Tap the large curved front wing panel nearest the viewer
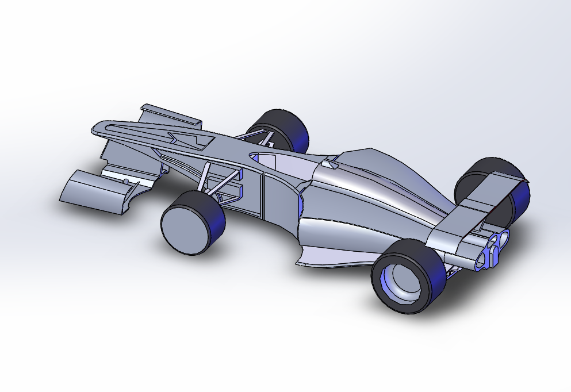(x=92, y=192)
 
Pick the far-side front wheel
(x=282, y=129)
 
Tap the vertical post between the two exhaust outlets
(x=492, y=253)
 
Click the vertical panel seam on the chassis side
(x=262, y=195)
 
